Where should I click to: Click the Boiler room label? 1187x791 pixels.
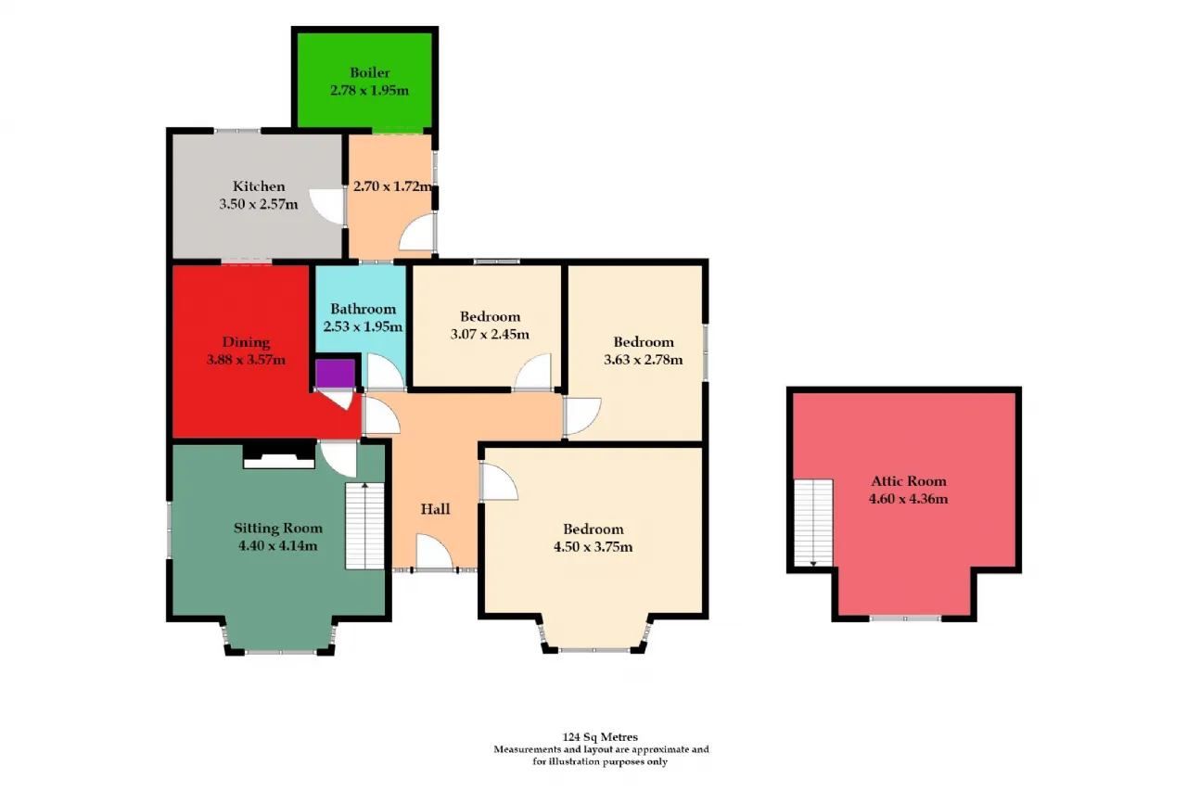click(369, 72)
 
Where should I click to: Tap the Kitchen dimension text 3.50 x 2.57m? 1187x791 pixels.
click(259, 204)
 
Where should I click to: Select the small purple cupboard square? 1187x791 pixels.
click(335, 373)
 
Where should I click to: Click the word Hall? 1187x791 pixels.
click(435, 509)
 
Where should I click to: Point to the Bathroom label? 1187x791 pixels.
click(363, 309)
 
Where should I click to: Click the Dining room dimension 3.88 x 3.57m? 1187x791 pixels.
click(246, 360)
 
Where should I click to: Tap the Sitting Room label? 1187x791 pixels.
click(278, 528)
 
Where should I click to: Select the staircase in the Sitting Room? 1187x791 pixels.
click(364, 526)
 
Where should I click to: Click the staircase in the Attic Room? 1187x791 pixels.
click(813, 522)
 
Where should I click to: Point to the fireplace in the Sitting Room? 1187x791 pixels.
click(279, 456)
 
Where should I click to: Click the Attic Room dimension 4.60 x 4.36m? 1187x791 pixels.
click(908, 499)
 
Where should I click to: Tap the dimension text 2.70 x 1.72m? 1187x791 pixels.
click(392, 186)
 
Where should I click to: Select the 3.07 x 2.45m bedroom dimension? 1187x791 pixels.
click(490, 335)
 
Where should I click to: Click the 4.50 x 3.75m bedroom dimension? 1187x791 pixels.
click(593, 547)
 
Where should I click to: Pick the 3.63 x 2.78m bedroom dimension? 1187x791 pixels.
click(644, 360)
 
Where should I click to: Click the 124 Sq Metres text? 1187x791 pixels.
click(600, 737)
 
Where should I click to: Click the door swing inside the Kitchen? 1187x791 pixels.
click(326, 207)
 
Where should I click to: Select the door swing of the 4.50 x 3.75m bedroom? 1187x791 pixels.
click(499, 481)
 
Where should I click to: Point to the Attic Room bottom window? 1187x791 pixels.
click(905, 619)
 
